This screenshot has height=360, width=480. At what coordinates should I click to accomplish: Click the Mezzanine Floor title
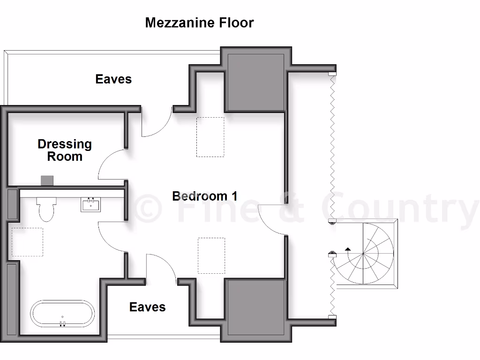(x=199, y=22)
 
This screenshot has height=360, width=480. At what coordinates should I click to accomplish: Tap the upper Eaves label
(x=113, y=79)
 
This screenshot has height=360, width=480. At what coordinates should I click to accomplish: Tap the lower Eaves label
(x=147, y=307)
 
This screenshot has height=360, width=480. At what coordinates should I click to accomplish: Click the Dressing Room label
(x=65, y=150)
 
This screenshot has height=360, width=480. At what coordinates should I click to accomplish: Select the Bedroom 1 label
(x=204, y=196)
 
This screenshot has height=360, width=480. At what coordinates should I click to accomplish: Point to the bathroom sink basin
(x=90, y=205)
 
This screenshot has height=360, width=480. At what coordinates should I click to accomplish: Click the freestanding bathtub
(x=62, y=314)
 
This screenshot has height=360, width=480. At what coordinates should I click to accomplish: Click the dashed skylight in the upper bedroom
(x=210, y=136)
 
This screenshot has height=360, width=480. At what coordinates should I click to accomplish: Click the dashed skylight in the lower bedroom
(x=211, y=255)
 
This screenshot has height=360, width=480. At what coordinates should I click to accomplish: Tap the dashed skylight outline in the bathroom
(x=27, y=242)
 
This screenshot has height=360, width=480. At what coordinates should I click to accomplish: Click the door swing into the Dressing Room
(x=112, y=164)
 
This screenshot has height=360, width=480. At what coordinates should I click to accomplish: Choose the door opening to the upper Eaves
(x=156, y=123)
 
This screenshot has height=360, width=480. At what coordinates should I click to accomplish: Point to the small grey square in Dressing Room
(x=47, y=180)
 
